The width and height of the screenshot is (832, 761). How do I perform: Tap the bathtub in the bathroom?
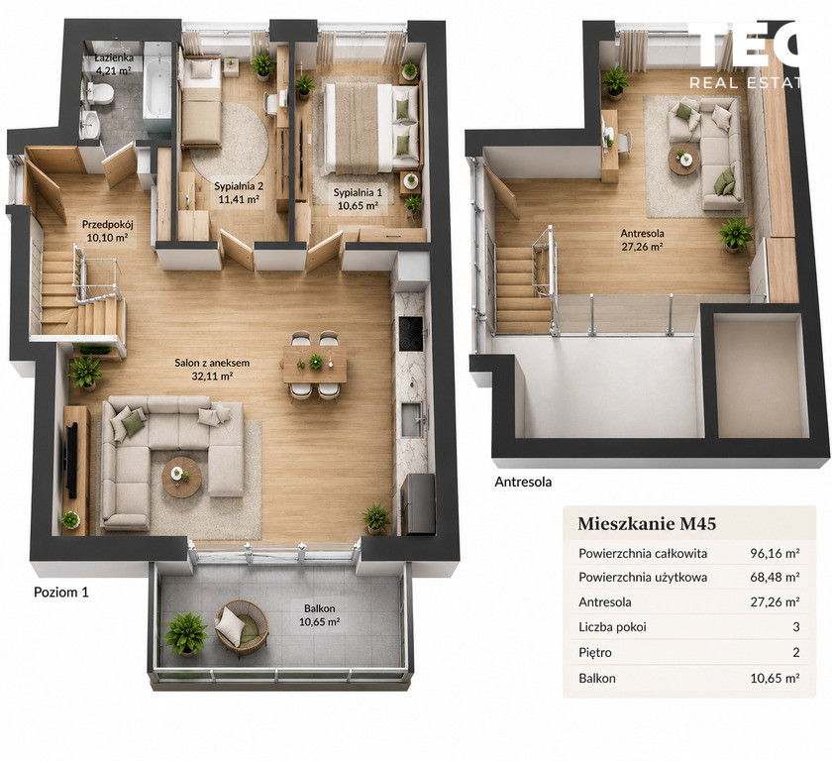click(157, 88)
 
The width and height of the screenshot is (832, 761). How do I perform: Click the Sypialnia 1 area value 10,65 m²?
click(358, 206)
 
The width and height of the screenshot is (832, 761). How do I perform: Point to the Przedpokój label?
click(107, 225)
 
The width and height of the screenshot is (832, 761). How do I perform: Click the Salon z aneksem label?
click(212, 363)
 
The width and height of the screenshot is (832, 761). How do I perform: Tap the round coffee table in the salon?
click(181, 477)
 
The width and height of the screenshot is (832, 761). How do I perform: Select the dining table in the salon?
click(315, 364)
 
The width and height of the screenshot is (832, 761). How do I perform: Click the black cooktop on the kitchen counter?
click(411, 334)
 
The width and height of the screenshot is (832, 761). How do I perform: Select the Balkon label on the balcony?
click(319, 608)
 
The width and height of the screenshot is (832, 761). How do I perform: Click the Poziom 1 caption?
click(61, 593)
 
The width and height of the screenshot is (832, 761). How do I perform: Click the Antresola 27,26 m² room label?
click(642, 240)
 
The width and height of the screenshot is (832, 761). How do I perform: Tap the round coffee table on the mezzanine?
click(684, 159)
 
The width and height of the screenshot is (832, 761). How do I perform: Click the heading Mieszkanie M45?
click(647, 524)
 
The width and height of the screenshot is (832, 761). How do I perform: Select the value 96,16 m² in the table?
click(775, 554)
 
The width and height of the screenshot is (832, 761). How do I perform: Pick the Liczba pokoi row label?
click(612, 627)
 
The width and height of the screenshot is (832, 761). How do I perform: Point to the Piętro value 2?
click(796, 652)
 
